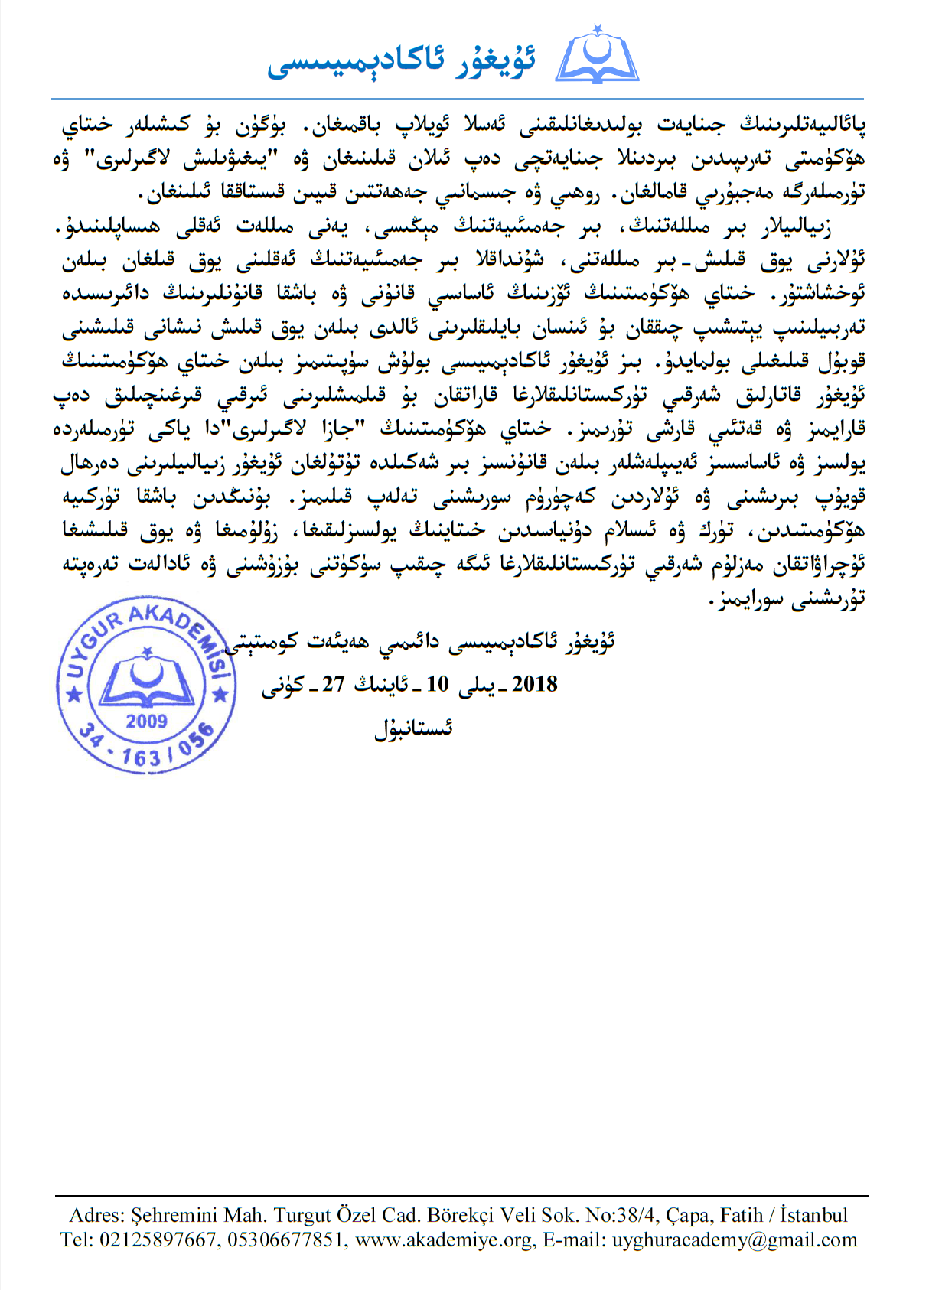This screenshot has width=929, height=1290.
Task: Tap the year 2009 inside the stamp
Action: click(146, 721)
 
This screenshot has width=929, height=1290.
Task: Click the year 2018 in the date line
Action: click(534, 684)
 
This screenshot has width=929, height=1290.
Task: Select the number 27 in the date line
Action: click(333, 684)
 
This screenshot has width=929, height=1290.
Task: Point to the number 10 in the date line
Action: click(437, 684)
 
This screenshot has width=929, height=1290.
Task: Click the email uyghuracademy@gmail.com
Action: click(735, 1240)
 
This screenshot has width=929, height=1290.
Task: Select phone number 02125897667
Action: click(157, 1240)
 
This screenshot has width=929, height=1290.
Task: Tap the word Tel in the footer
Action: click(75, 1240)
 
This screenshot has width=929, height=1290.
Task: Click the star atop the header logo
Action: click(598, 29)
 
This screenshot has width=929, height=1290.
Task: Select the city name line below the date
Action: click(413, 728)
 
